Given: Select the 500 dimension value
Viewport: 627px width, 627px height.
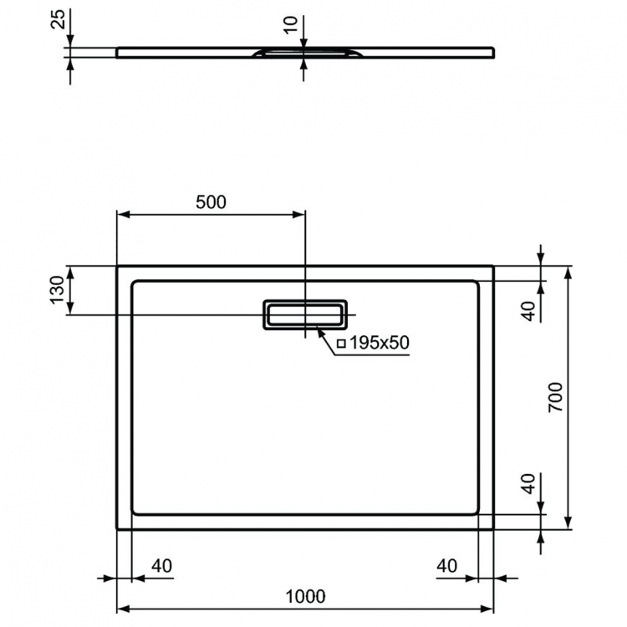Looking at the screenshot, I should [x=212, y=201].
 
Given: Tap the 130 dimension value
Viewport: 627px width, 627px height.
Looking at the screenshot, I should [x=57, y=290].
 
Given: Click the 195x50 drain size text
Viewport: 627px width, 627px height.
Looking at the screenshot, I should [x=378, y=344].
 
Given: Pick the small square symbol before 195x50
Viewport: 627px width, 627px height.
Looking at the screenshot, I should [x=341, y=344].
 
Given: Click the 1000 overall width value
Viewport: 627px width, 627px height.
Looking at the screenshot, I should [x=304, y=596].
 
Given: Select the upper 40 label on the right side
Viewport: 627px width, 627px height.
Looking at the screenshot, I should [x=528, y=310].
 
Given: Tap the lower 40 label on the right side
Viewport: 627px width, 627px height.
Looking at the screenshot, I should [x=528, y=483].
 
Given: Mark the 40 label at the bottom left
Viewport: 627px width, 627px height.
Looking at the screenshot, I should [x=161, y=566].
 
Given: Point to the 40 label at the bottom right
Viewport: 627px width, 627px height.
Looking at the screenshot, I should [x=447, y=566].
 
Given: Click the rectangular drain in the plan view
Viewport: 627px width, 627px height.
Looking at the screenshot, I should [x=304, y=314].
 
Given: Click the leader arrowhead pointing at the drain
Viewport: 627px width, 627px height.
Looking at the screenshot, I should [x=321, y=332].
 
